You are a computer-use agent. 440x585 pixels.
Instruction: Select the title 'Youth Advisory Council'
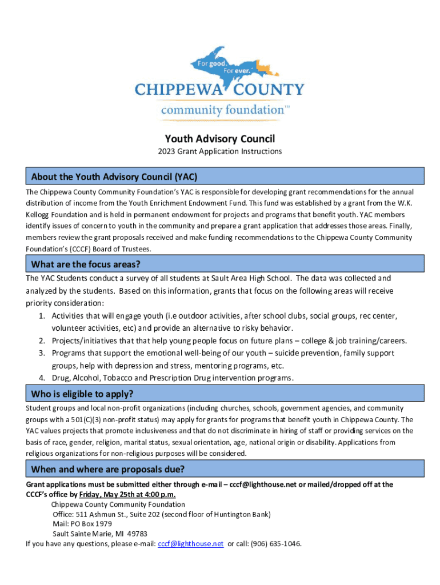pos(220,139)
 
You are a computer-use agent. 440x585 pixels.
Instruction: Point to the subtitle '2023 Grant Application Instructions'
pos(220,151)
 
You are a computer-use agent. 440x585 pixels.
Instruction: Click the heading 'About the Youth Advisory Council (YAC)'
pos(114,176)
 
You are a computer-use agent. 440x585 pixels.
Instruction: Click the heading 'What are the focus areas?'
pos(86,264)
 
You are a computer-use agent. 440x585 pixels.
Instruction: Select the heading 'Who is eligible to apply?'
pos(82,394)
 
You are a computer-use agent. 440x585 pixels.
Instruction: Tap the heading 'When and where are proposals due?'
pos(107,470)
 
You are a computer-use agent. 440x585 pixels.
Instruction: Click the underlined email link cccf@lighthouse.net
pos(190,543)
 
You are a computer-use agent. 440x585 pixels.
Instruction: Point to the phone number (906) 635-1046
pos(276,543)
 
